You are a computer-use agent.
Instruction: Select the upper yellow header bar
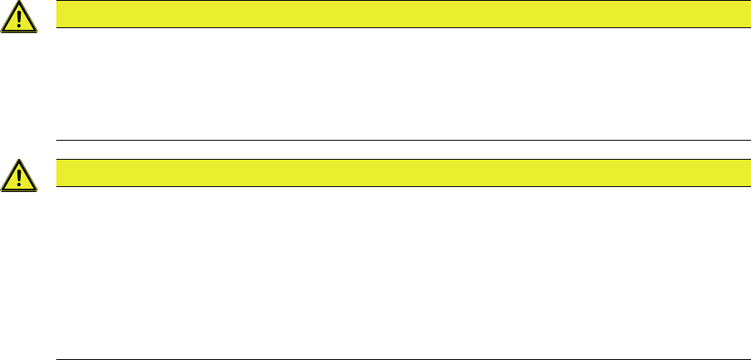(x=397, y=14)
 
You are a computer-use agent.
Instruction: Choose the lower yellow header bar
(x=397, y=173)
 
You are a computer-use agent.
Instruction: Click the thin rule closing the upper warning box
(x=397, y=140)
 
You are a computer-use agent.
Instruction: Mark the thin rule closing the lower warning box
(x=397, y=359)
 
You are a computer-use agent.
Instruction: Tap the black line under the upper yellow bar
(x=397, y=27)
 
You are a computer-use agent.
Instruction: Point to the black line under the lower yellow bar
(x=397, y=186)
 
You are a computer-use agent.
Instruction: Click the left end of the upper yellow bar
(x=58, y=14)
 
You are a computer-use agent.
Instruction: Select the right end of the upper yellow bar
(x=737, y=14)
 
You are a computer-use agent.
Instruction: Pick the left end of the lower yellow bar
(x=58, y=173)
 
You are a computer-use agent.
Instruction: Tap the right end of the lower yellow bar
(x=737, y=173)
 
